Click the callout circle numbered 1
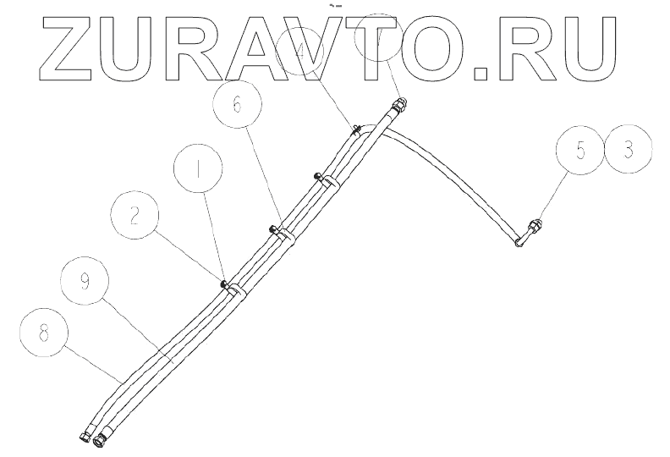tap(199, 169)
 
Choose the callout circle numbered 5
tap(581, 151)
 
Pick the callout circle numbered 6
tap(238, 106)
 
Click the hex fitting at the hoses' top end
tap(399, 107)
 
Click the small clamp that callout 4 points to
tap(358, 129)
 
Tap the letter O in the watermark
tap(423, 49)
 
